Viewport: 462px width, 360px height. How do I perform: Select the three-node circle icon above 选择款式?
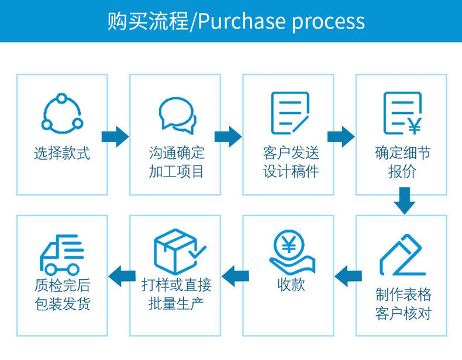click(x=62, y=112)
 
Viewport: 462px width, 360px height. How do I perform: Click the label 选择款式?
click(x=62, y=154)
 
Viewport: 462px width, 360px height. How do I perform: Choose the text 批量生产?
click(x=176, y=304)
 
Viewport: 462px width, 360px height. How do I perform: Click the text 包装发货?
click(x=62, y=304)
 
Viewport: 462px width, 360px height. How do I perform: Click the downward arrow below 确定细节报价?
click(x=404, y=200)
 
